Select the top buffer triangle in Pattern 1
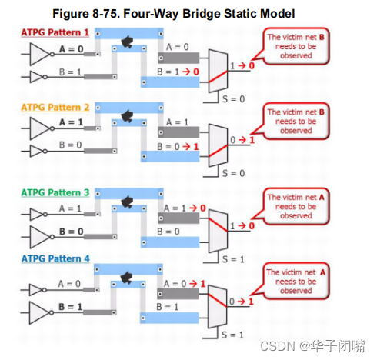[x=39, y=54]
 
